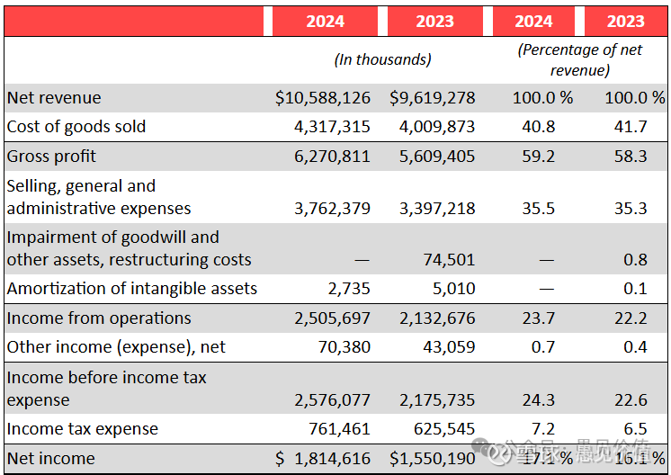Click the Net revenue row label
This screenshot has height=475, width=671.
coord(54,98)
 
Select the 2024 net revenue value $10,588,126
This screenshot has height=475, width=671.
coord(323,98)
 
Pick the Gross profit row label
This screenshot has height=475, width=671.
coord(51,157)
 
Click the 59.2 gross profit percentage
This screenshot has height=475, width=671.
coord(539,157)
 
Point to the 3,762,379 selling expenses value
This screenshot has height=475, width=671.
coord(332,209)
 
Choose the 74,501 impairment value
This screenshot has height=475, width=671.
coord(449,260)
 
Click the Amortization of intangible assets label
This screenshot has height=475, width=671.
coord(132,289)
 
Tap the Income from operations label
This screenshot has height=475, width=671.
coord(99,318)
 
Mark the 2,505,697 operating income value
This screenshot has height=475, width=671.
coord(332,318)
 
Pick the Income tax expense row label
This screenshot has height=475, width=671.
coord(82,429)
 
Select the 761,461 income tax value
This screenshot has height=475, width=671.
coord(338,429)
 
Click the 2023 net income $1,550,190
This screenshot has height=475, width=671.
coord(433,459)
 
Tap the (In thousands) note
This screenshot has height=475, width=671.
coord(382,59)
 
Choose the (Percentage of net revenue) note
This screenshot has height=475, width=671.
coord(580,59)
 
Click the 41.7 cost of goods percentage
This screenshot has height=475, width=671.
coord(630,127)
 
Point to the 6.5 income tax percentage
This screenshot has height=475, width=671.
coord(634,429)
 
